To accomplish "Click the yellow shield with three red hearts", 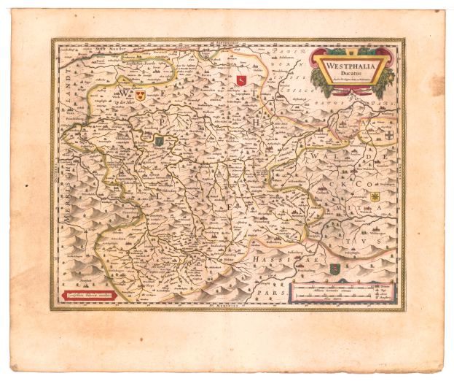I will (x=141, y=95).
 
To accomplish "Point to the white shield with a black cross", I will (x=390, y=136).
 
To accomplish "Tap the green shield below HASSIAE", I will (x=334, y=269).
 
